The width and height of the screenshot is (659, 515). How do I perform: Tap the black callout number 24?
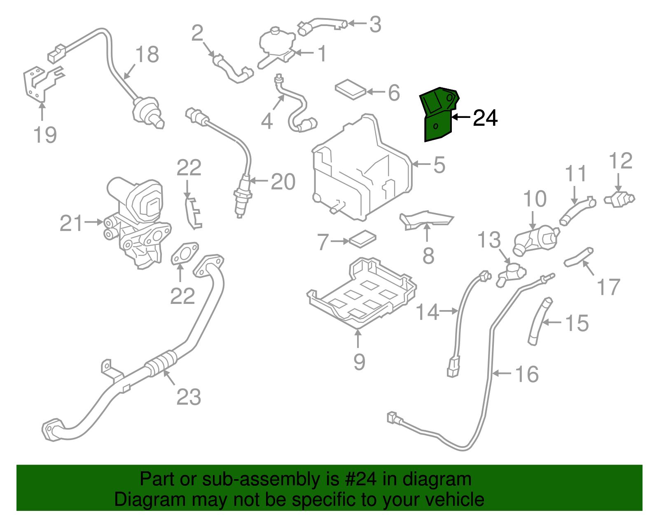(485, 118)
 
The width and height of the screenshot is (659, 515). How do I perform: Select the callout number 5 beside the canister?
(439, 165)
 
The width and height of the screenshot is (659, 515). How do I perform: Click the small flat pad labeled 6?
(351, 89)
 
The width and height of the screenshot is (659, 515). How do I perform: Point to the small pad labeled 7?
(362, 239)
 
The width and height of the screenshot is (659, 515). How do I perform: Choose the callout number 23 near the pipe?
(189, 397)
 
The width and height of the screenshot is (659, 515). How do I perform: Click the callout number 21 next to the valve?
(72, 223)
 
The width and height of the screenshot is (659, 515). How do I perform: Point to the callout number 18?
(147, 55)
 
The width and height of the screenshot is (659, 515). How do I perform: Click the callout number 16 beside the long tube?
(527, 374)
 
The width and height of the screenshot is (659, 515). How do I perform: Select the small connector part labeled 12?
(619, 199)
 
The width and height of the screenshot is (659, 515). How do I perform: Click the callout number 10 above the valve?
(535, 199)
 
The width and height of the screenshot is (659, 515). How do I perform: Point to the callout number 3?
(375, 25)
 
